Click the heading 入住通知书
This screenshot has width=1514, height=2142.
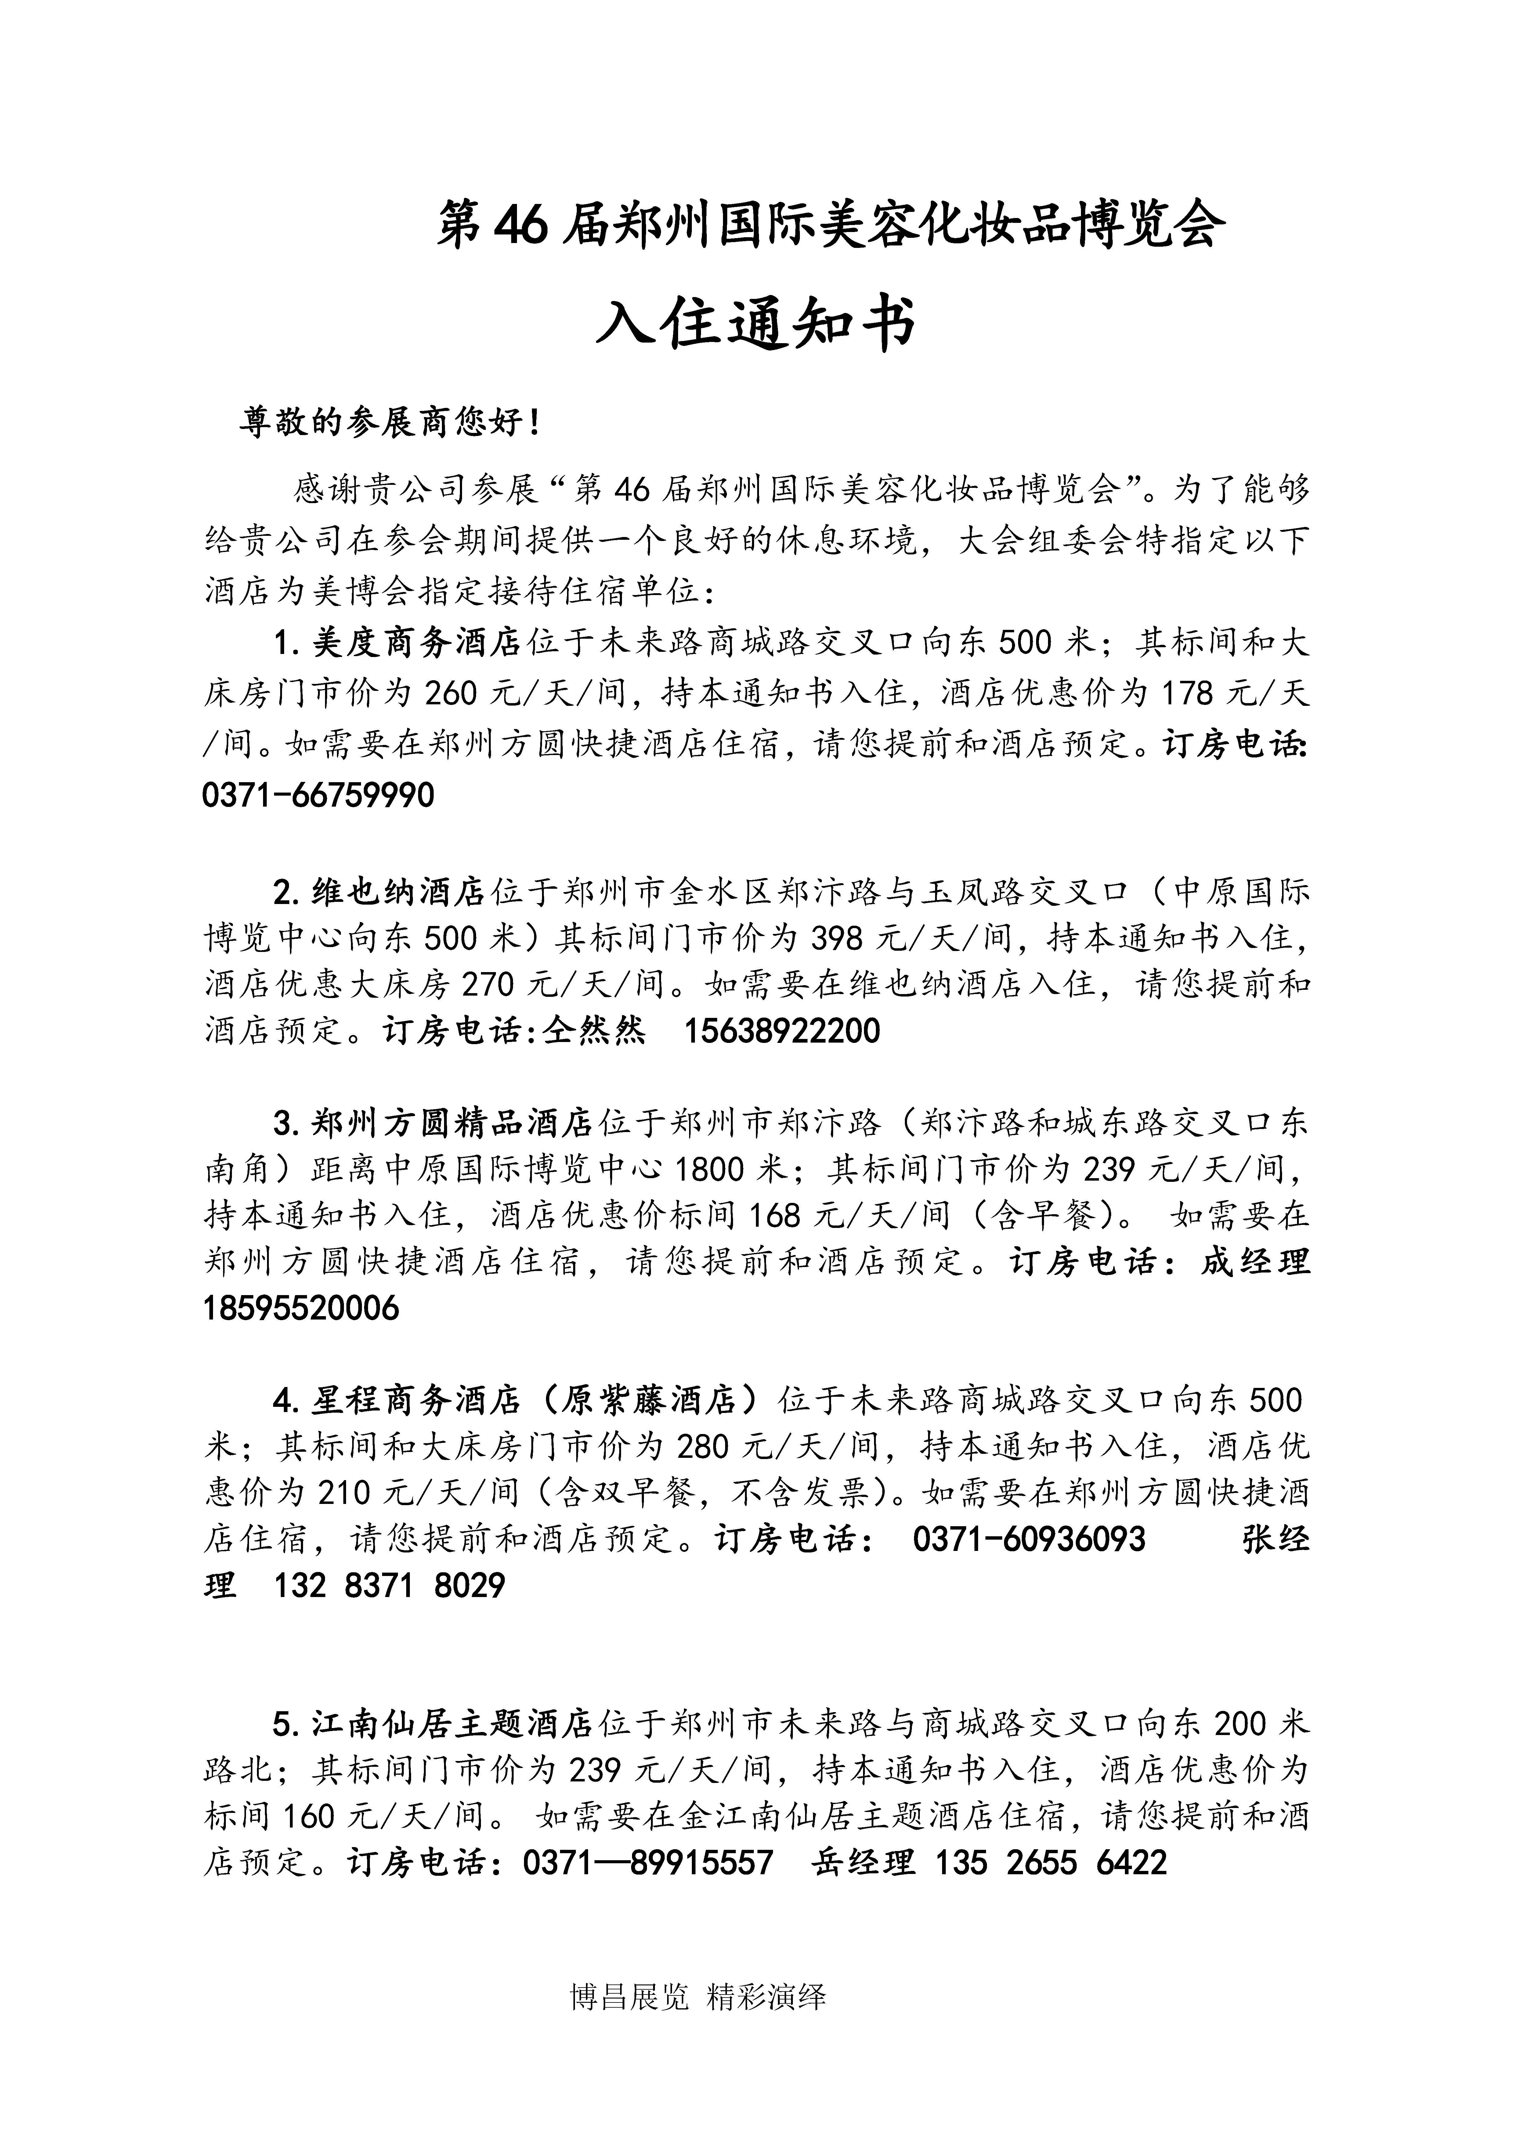click(x=756, y=324)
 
